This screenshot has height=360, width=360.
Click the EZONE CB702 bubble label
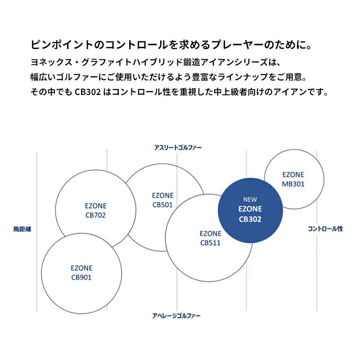click(95, 210)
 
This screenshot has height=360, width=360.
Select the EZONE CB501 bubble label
click(162, 200)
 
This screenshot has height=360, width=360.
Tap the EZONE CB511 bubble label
click(210, 238)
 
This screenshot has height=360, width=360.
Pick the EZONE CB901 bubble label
click(81, 273)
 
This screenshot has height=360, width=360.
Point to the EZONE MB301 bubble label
click(293, 179)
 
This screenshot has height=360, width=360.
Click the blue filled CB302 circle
click(250, 210)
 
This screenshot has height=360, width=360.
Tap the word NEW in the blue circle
click(250, 199)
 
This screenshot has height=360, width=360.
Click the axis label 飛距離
click(22, 229)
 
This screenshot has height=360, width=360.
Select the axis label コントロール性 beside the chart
click(325, 229)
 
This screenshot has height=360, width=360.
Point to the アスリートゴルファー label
click(178, 148)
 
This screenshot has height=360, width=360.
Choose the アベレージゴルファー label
click(176, 316)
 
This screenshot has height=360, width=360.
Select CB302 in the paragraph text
click(88, 92)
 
